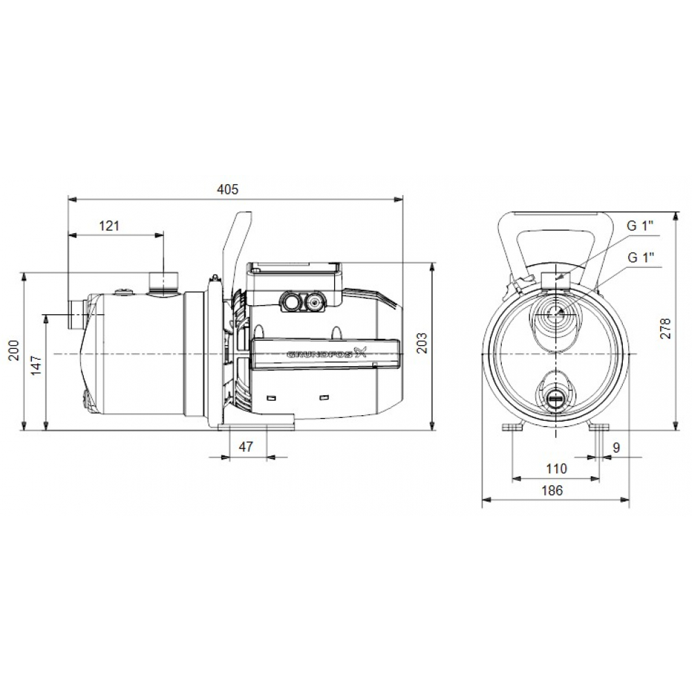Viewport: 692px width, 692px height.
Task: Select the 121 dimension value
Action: click(x=109, y=225)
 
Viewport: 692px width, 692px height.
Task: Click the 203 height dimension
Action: click(x=422, y=344)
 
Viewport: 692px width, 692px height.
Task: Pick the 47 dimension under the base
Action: click(x=246, y=447)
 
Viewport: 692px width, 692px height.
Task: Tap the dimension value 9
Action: click(x=616, y=448)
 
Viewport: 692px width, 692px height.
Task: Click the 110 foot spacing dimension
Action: click(x=556, y=468)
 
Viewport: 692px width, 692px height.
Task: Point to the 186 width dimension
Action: click(x=552, y=490)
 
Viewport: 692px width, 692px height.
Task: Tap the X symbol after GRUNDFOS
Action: click(x=359, y=352)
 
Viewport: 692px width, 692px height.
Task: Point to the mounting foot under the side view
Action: click(x=256, y=422)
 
